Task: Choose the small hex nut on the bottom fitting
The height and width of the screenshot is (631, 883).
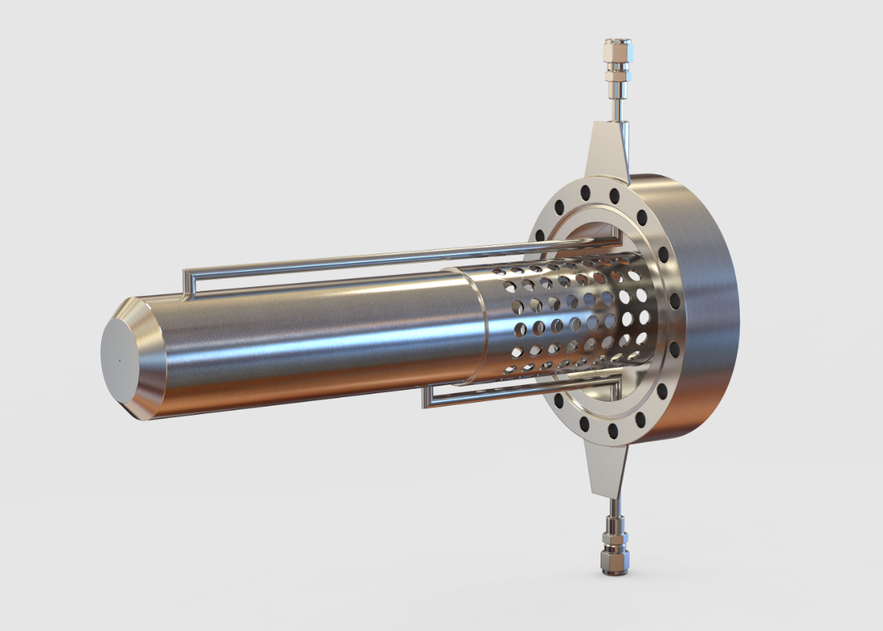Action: pyautogui.click(x=613, y=562)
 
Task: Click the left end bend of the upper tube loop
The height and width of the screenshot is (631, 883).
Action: pyautogui.click(x=186, y=280)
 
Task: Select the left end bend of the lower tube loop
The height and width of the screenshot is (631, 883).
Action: pyautogui.click(x=427, y=394)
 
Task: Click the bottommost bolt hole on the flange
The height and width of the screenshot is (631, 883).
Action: pyautogui.click(x=613, y=432)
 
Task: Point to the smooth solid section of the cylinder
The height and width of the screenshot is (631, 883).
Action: pyautogui.click(x=320, y=343)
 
